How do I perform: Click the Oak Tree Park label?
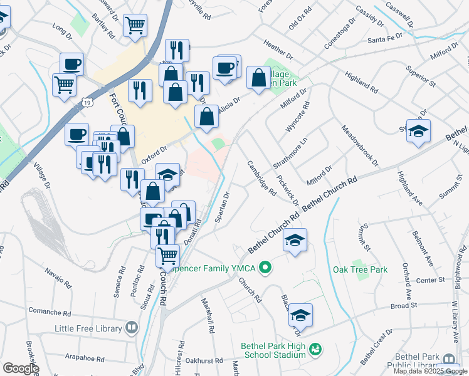click(x=360, y=269)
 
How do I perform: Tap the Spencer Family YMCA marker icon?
click(x=265, y=268)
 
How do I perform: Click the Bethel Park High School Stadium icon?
click(x=316, y=348)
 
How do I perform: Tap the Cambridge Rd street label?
click(x=261, y=178)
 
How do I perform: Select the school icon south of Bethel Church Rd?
click(x=295, y=239)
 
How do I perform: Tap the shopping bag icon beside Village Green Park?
click(x=258, y=78)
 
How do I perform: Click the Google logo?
click(x=20, y=368)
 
